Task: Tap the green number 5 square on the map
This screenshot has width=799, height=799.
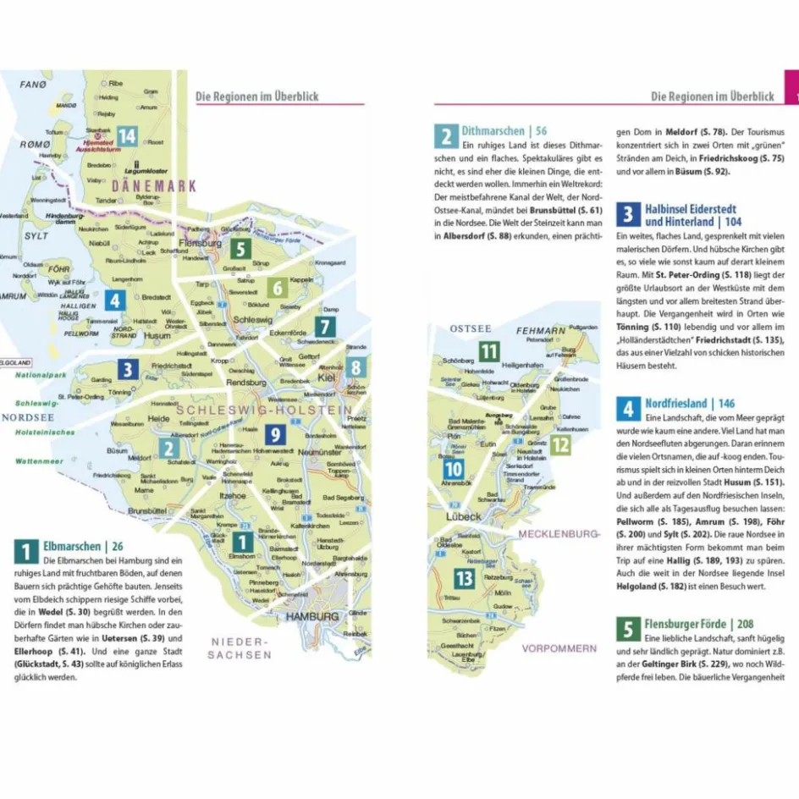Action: tap(240, 249)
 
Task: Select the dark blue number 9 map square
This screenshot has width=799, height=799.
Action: tap(274, 435)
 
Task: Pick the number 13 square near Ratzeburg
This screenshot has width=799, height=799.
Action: tap(464, 578)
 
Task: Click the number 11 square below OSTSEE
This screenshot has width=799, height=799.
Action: tap(489, 351)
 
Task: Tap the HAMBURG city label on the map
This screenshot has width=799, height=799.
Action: tap(311, 617)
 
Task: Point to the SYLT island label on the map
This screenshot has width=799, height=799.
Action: tap(36, 235)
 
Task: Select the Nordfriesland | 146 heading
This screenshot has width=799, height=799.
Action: tap(690, 404)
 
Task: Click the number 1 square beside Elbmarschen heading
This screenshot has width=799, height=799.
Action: tap(25, 551)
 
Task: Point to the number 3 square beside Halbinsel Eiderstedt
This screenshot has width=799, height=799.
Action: tap(628, 214)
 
